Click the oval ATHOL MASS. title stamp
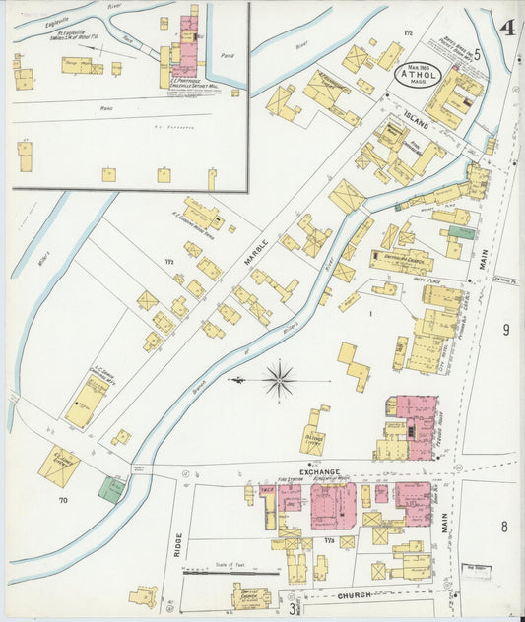coord(418,75)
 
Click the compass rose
coord(281,379)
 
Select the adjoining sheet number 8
coord(503,526)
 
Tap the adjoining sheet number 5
coord(477,54)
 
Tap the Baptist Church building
coord(250,595)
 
